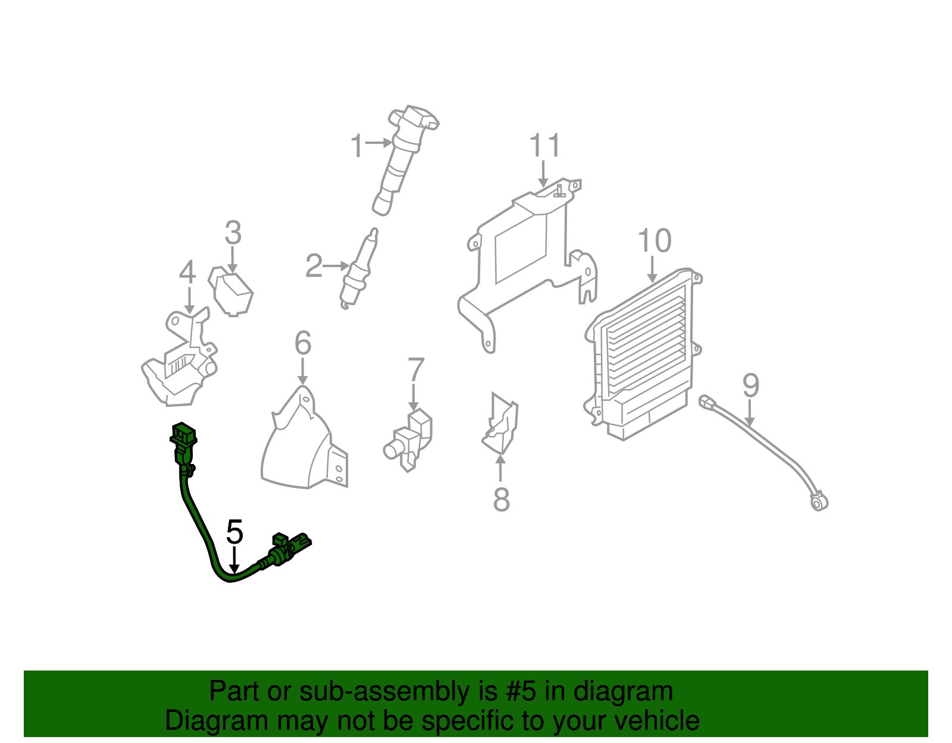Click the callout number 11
(544, 146)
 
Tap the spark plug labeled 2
(360, 268)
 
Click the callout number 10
(654, 241)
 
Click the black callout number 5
(235, 532)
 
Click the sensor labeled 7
(411, 440)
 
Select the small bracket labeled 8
(500, 425)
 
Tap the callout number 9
(750, 386)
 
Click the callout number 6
(303, 343)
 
